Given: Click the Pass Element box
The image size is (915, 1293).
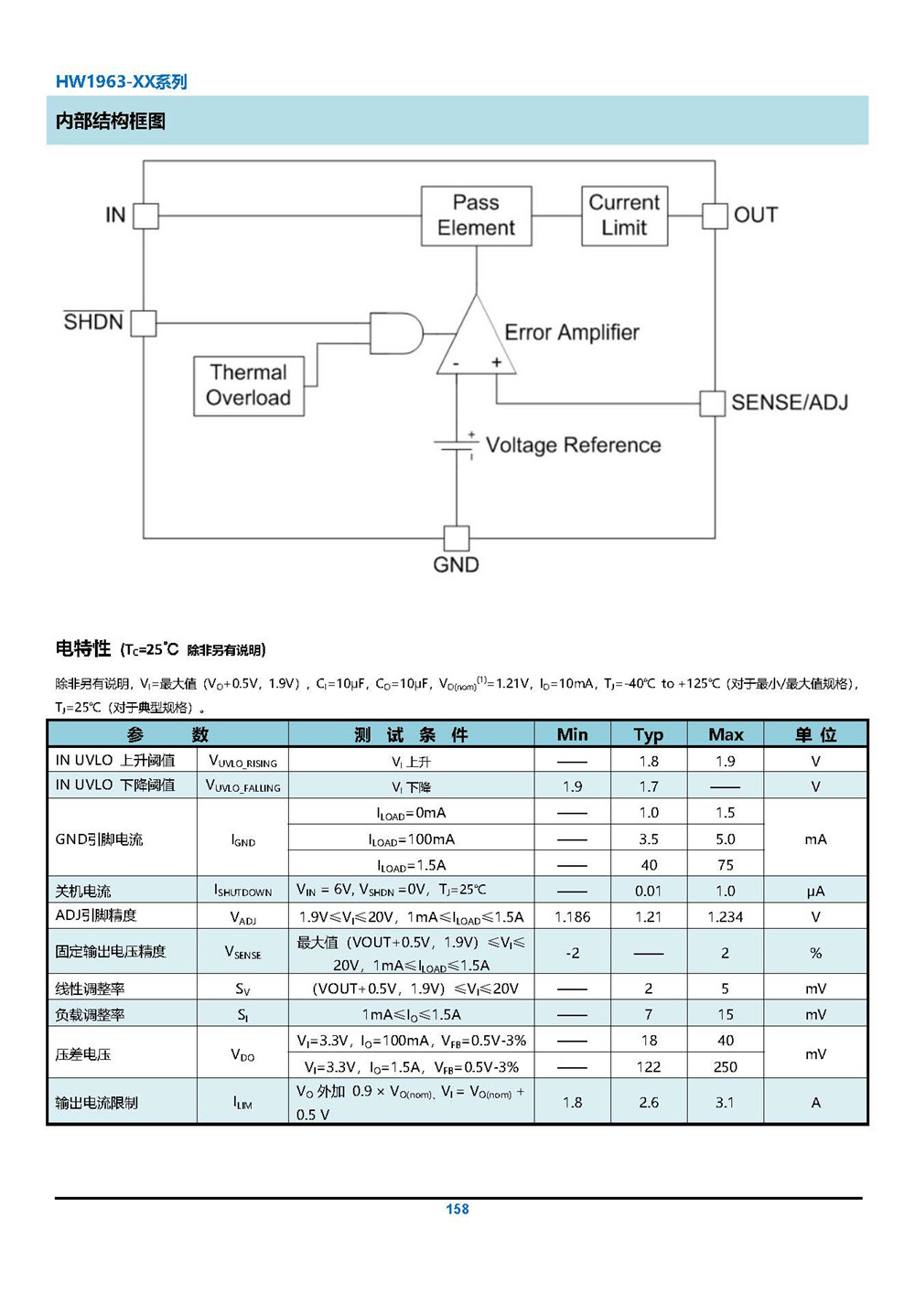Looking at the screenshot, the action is coord(476,216).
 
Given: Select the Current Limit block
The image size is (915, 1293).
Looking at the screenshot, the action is coord(624,216).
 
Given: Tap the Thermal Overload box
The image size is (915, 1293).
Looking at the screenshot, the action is coord(249,386).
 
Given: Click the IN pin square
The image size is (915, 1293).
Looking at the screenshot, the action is coord(146,216).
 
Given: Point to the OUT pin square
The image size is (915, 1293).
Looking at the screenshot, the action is coord(716,216).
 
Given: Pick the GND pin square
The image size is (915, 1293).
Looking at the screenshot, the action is coord(457,539).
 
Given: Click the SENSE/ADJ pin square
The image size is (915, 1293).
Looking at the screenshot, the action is coord(712,403).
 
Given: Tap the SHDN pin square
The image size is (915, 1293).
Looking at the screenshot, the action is coord(144,324).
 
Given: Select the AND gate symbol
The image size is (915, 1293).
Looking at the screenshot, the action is coord(396,334).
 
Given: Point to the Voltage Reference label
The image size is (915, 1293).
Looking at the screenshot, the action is coord(573,445).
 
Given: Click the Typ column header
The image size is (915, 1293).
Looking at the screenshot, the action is coord(649,735).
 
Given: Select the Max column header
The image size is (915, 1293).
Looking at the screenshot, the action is coord(726,734).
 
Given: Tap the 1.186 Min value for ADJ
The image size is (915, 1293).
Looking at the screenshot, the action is coord(573,916).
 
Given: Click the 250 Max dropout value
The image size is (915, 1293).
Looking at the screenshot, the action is coord(725,1067).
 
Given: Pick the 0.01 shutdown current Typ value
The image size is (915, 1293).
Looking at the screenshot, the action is coord(648,891).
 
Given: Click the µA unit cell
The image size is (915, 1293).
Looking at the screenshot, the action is coord(815,892).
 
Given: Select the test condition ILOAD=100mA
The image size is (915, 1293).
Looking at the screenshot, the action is coord(411,839).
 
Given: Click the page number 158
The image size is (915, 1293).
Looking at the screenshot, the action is coord(457,1209).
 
